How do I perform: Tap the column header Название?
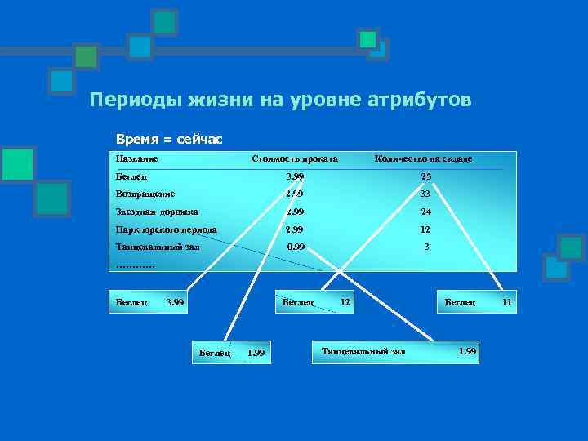(137, 158)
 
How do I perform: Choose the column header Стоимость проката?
(295, 158)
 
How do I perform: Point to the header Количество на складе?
(423, 158)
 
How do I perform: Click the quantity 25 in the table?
(425, 176)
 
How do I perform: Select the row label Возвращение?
(145, 194)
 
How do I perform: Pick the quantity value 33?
(425, 194)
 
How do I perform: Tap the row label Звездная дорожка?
(151, 212)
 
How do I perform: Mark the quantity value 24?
(425, 212)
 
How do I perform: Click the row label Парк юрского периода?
(167, 229)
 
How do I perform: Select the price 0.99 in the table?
(295, 247)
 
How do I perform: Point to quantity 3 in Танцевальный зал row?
(426, 247)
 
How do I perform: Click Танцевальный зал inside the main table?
(158, 247)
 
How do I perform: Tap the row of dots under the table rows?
(135, 264)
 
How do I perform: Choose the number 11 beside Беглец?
(507, 302)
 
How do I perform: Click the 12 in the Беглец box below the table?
(345, 302)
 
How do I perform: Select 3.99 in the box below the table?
(175, 303)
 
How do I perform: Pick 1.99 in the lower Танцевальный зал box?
(467, 351)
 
